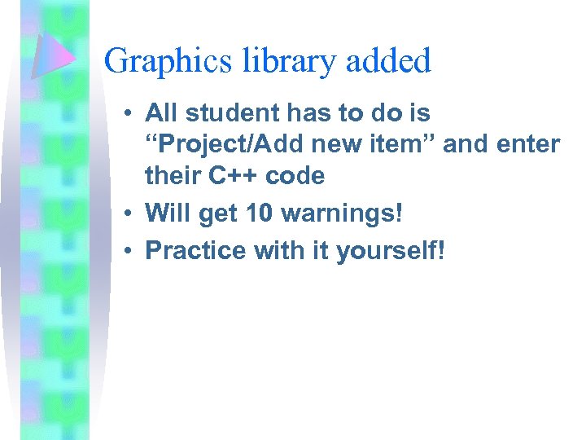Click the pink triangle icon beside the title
54,56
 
